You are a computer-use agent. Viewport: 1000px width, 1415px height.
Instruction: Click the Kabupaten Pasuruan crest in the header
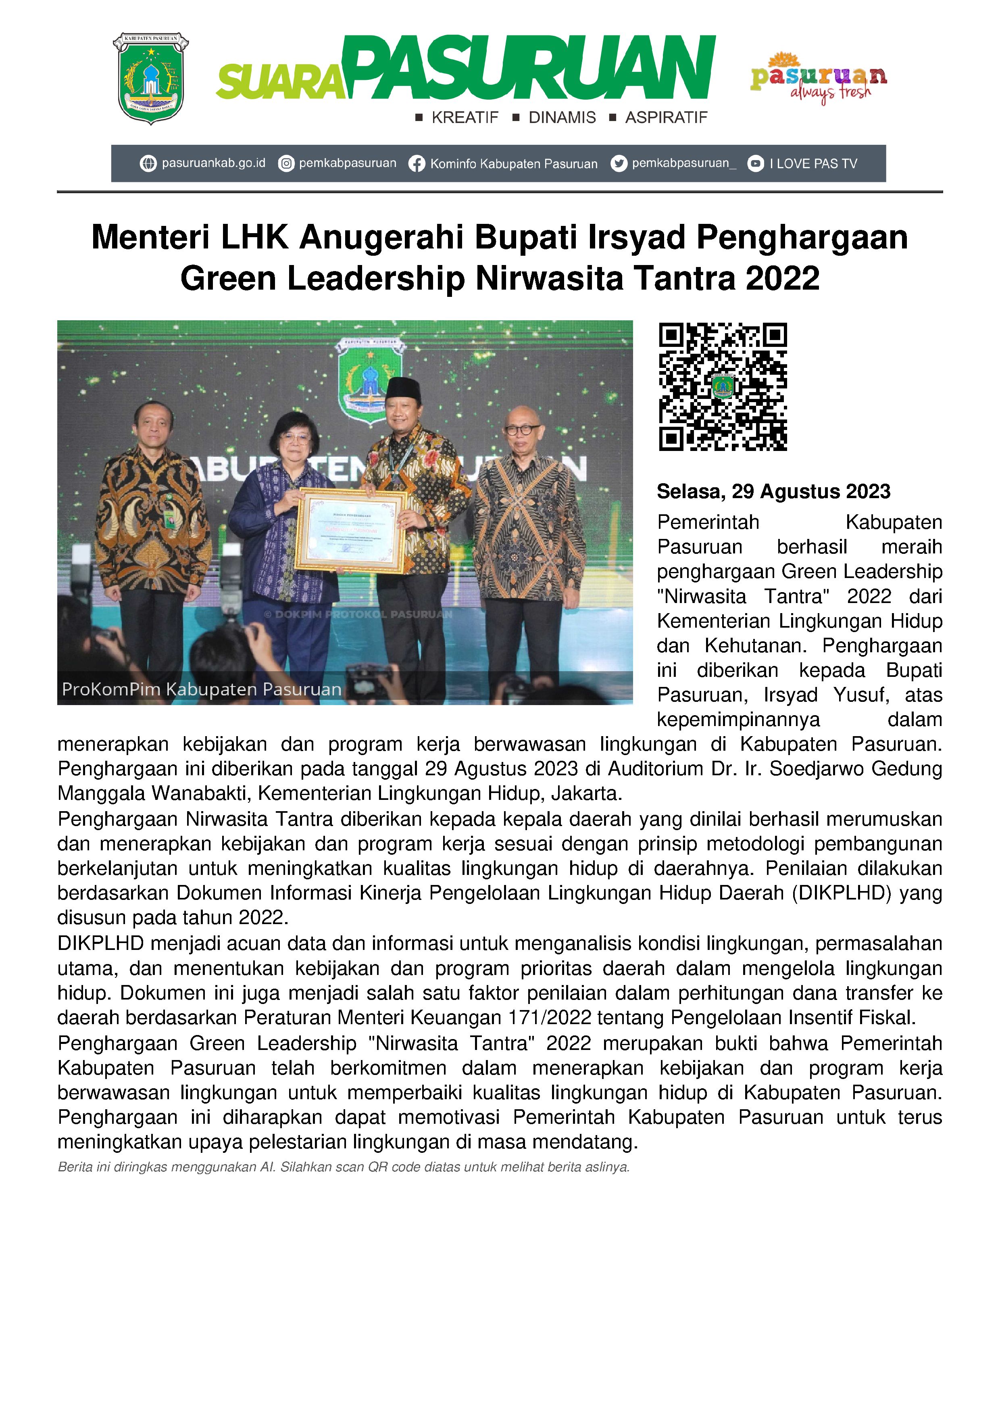(150, 78)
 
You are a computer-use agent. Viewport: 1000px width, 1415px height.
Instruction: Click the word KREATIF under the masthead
(465, 118)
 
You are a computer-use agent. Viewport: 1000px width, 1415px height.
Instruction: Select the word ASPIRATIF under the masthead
(666, 118)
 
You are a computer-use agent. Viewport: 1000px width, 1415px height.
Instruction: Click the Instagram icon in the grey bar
(286, 164)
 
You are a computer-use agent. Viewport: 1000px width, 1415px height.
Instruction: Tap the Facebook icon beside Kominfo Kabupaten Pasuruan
(417, 164)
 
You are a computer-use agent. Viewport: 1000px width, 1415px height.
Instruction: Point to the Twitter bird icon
(619, 164)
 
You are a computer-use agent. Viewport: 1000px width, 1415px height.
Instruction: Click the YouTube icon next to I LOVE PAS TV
(755, 164)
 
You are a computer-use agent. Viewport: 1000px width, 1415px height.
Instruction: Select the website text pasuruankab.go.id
(213, 163)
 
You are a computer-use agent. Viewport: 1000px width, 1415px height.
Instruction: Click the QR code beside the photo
(723, 386)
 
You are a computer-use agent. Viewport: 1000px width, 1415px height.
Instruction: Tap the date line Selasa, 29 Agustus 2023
(773, 491)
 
